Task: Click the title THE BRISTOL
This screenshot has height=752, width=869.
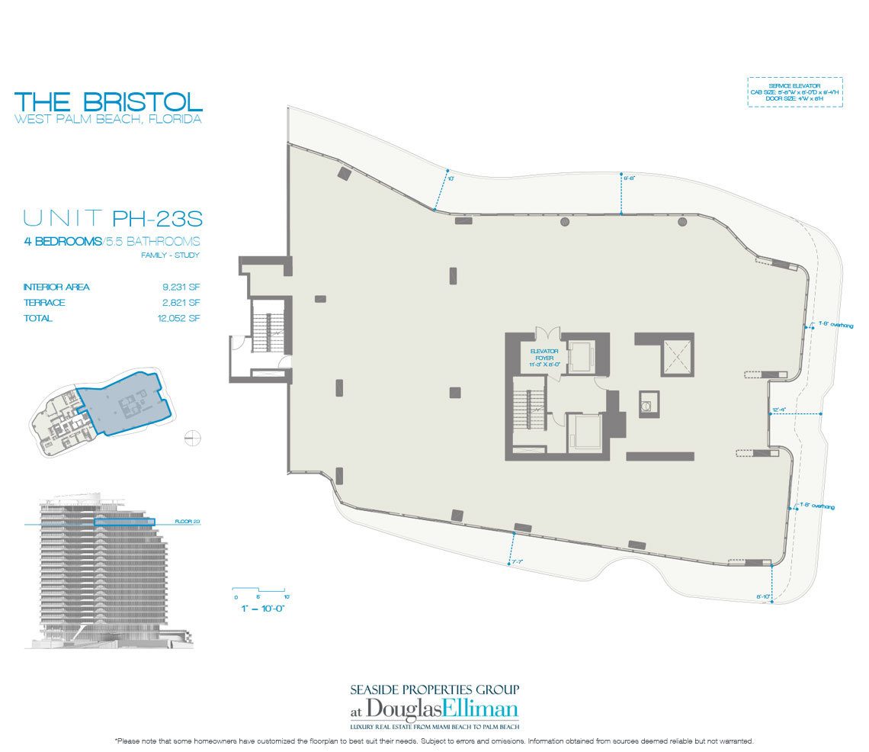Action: tap(108, 101)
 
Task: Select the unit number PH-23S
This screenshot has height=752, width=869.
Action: tap(157, 220)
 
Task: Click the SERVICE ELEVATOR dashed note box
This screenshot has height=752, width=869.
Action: tap(794, 92)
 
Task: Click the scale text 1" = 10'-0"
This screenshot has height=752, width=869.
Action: tap(259, 609)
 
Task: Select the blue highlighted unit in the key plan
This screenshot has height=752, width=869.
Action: tap(122, 403)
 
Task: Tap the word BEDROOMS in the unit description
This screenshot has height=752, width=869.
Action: tap(71, 241)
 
